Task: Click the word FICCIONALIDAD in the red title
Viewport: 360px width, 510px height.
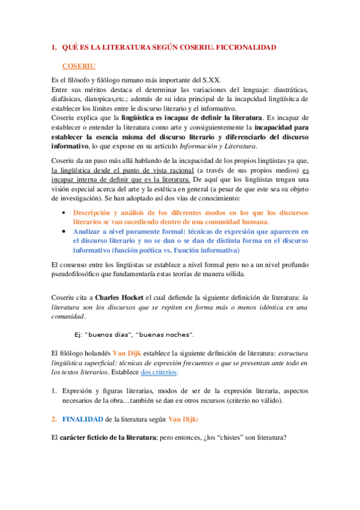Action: coord(245,47)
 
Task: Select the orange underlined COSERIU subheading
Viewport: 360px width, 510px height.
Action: coord(79,66)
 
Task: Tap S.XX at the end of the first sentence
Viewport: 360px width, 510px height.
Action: coord(210,80)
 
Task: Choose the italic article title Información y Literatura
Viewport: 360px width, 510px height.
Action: coord(222,146)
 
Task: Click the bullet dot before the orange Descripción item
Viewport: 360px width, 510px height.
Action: coord(64,213)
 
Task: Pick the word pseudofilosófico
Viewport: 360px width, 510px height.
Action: coord(82,274)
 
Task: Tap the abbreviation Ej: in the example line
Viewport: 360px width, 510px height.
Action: coord(77,334)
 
